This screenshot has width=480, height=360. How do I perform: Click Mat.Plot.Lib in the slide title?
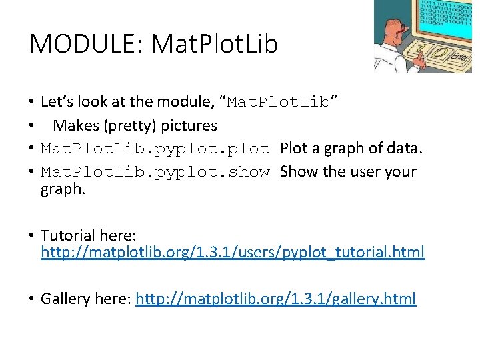[x=215, y=44]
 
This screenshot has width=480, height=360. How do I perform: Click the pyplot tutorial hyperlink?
[x=233, y=253]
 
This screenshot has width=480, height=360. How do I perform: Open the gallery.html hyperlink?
[x=275, y=298]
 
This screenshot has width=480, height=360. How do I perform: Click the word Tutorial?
[x=68, y=235]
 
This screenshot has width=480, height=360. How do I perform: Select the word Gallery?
[x=65, y=298]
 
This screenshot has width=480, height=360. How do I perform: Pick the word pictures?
[x=189, y=125]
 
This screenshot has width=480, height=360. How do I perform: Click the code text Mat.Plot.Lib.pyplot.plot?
[x=155, y=149]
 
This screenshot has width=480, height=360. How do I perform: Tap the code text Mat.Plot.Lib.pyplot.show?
[x=155, y=172]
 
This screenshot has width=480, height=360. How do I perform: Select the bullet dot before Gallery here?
[x=31, y=299]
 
